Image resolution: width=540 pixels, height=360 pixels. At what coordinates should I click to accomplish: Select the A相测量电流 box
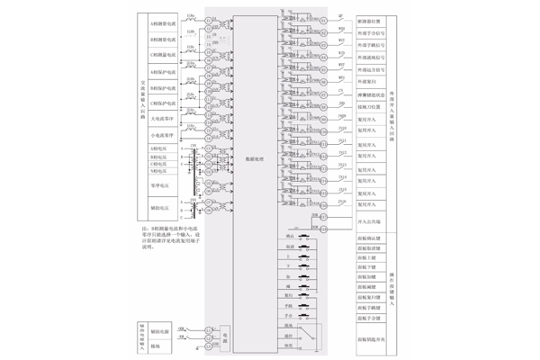[163, 25]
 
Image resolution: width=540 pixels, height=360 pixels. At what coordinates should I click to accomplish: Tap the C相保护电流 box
[163, 103]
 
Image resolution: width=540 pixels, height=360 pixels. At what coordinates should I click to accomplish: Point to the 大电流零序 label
[163, 119]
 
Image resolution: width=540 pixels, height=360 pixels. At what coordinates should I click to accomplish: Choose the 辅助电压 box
[163, 210]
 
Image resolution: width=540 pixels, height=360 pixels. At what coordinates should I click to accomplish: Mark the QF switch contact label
[340, 16]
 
